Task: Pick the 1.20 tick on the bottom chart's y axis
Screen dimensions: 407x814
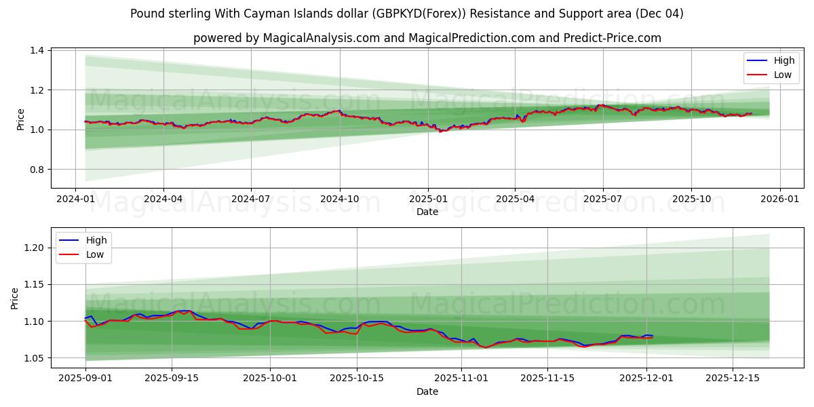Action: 34,248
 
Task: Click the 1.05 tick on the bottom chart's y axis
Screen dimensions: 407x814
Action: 34,358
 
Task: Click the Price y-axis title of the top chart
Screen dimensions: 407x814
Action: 21,119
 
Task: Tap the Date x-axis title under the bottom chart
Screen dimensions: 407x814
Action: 427,391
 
